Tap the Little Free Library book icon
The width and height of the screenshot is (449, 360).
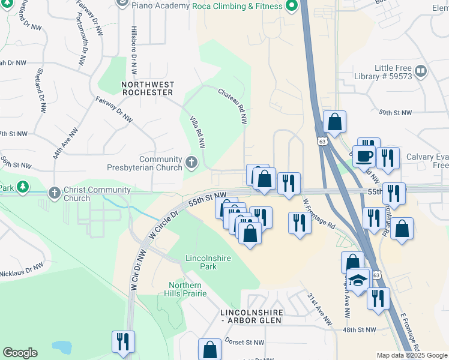tap(421, 71)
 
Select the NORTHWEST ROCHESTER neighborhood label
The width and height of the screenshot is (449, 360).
tap(148, 89)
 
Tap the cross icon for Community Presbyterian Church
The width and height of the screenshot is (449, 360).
tap(191, 161)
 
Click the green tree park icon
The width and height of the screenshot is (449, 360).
tap(22, 187)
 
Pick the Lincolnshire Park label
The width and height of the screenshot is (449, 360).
tap(201, 262)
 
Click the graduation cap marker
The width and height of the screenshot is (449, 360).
tap(358, 280)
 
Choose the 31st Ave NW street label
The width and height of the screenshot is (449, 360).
tap(319, 309)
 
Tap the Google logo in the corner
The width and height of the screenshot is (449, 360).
tap(20, 353)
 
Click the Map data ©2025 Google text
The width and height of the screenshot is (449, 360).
tap(412, 355)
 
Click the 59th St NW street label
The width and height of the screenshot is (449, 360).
tap(395, 112)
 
